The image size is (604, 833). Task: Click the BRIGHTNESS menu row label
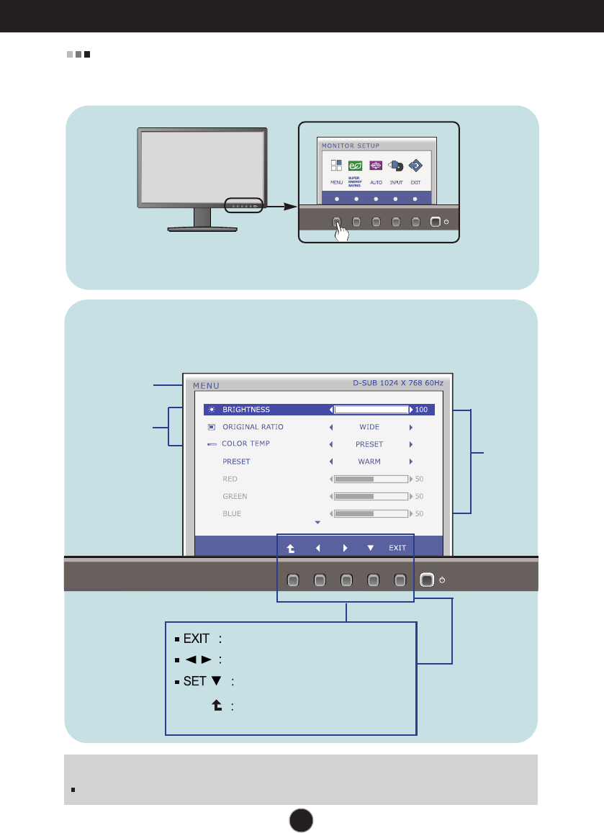[245, 410]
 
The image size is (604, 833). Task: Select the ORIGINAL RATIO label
[253, 427]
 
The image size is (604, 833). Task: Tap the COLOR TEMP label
[245, 443]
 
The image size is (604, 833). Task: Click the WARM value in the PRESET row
[369, 461]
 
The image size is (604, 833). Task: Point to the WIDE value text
[369, 427]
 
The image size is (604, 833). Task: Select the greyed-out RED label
[230, 479]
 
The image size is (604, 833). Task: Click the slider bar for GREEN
[371, 496]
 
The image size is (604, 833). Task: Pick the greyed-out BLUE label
[232, 513]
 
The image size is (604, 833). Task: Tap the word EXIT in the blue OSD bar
[397, 548]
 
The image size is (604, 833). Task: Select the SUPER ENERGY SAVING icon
[355, 166]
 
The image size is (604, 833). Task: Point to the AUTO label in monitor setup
[376, 183]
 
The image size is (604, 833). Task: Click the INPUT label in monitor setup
[395, 183]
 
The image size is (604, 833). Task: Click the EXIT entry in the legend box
[195, 638]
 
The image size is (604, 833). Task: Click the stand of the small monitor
[202, 220]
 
